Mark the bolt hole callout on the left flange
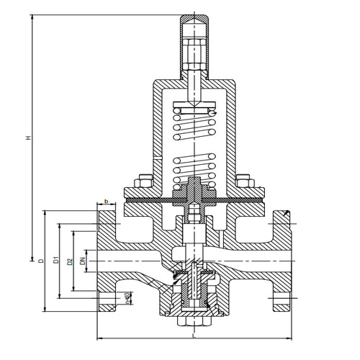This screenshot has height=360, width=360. coord(127,296)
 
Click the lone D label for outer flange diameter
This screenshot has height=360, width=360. coord(42,260)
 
